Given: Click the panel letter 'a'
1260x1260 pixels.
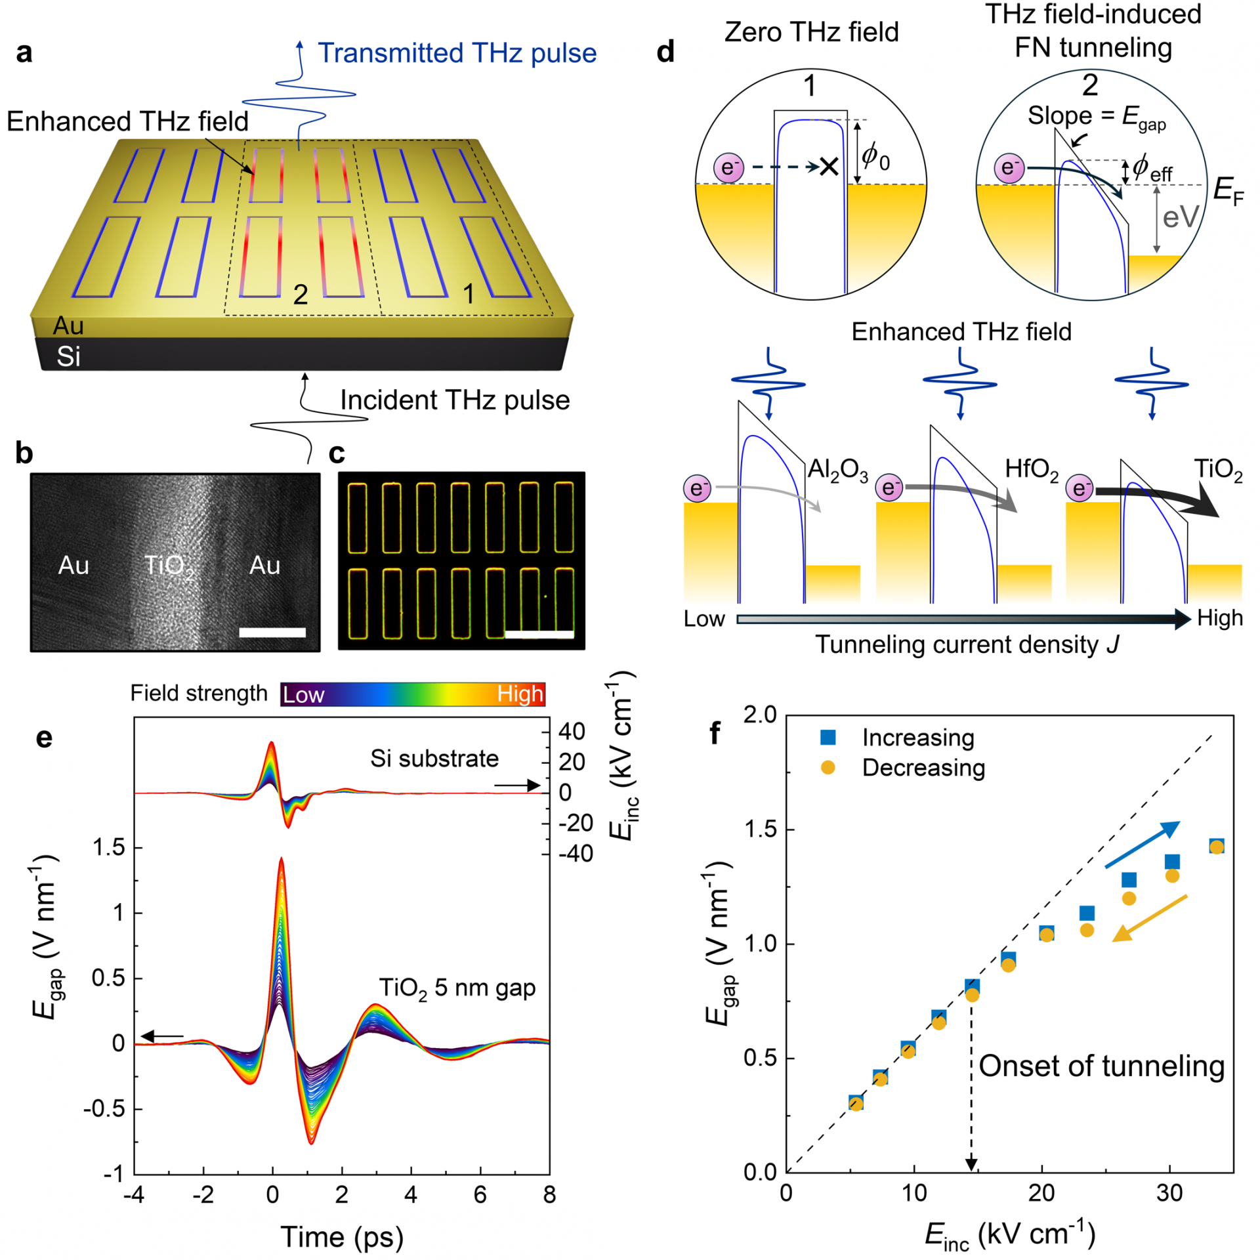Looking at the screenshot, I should (x=24, y=52).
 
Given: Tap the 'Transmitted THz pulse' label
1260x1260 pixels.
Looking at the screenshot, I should (x=457, y=53).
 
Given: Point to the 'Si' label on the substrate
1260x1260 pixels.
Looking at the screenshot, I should (x=68, y=356).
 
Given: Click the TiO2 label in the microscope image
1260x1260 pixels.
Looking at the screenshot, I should (x=169, y=566).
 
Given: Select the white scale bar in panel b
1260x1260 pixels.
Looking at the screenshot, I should (x=272, y=633).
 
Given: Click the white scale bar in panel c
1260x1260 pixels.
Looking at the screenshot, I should (x=539, y=634).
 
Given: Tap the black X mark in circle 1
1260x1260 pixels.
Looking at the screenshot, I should (x=829, y=167).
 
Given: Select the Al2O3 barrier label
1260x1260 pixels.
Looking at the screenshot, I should (x=837, y=471).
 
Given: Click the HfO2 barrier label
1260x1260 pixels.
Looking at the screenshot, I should (x=1032, y=471).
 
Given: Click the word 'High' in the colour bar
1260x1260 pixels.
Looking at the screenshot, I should (x=520, y=694).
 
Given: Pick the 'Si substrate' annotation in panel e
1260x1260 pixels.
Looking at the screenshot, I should (x=434, y=759).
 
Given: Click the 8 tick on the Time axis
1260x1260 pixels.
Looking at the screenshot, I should (x=549, y=1195).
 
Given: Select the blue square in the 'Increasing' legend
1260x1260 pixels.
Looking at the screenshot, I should (x=828, y=738).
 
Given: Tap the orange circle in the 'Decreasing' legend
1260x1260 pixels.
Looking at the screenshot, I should (x=828, y=768).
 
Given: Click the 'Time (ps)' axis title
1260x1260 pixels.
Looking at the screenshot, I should (x=342, y=1237).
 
